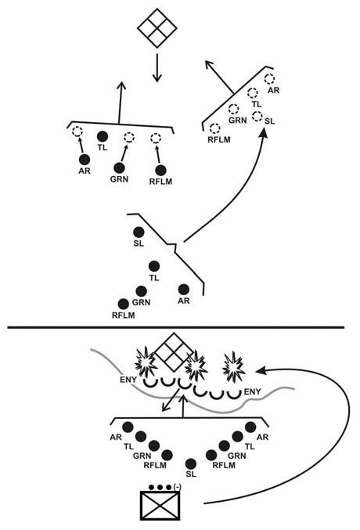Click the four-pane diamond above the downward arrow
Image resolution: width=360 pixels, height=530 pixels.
pos(157,27)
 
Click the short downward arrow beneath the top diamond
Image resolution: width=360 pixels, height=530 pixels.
pos(157,67)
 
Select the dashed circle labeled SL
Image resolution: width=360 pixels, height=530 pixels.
pos(257,116)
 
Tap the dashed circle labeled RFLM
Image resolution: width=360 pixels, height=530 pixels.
pos(215,128)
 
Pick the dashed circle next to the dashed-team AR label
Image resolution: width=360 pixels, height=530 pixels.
pos(269,79)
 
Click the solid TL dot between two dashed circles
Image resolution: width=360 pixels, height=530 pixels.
pos(103,136)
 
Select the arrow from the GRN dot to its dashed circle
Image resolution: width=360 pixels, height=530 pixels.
pos(124,153)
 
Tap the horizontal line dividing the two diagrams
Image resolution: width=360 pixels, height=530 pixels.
pos(176,327)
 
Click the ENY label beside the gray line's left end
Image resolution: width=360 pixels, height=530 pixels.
pos(128,380)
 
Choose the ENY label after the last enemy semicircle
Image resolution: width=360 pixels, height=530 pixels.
pos(253,391)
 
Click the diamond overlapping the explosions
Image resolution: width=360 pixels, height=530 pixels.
pos(174,352)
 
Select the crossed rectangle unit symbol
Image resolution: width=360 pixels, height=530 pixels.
pos(160,506)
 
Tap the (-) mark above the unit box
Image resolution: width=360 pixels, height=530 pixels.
pos(177,487)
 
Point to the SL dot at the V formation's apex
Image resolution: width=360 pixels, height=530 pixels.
pos(191,463)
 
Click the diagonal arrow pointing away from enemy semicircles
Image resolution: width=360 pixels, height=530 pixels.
pos(171,400)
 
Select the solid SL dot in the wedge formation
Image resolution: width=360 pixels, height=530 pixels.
pos(139,233)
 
